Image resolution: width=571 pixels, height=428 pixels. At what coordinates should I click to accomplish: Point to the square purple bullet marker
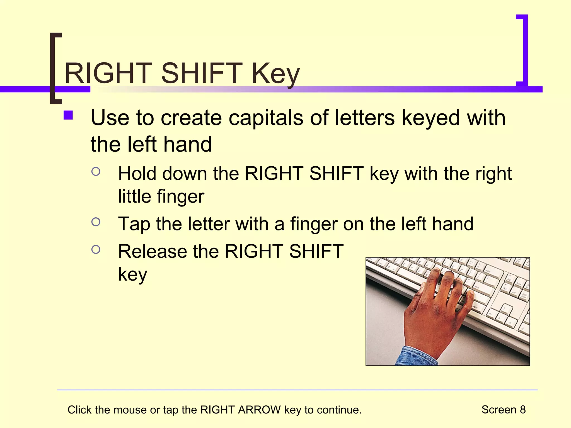(68, 115)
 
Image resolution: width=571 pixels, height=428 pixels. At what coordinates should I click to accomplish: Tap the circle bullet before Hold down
(96, 172)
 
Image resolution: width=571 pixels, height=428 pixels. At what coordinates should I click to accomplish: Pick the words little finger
(161, 197)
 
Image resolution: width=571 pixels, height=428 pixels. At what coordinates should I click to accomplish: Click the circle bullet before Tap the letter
(96, 222)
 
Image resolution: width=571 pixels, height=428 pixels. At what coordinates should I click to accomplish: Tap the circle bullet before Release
(96, 249)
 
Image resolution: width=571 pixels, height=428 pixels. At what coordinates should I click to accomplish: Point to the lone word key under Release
(132, 275)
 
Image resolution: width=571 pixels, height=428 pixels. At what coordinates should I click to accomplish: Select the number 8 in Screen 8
(522, 410)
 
